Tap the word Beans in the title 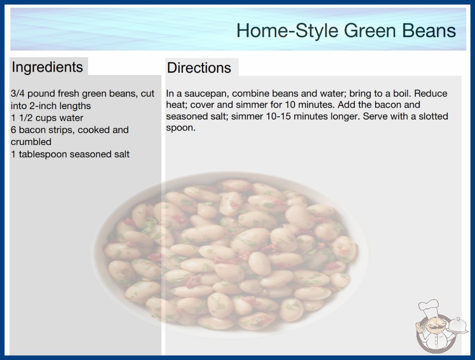coord(429,30)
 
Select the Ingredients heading coord(47,67)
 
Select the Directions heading coord(199,68)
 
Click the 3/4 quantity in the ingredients coord(18,94)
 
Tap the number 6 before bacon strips coord(13,130)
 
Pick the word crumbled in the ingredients coord(31,142)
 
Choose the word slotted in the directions coord(433,116)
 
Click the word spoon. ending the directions coord(181,128)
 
